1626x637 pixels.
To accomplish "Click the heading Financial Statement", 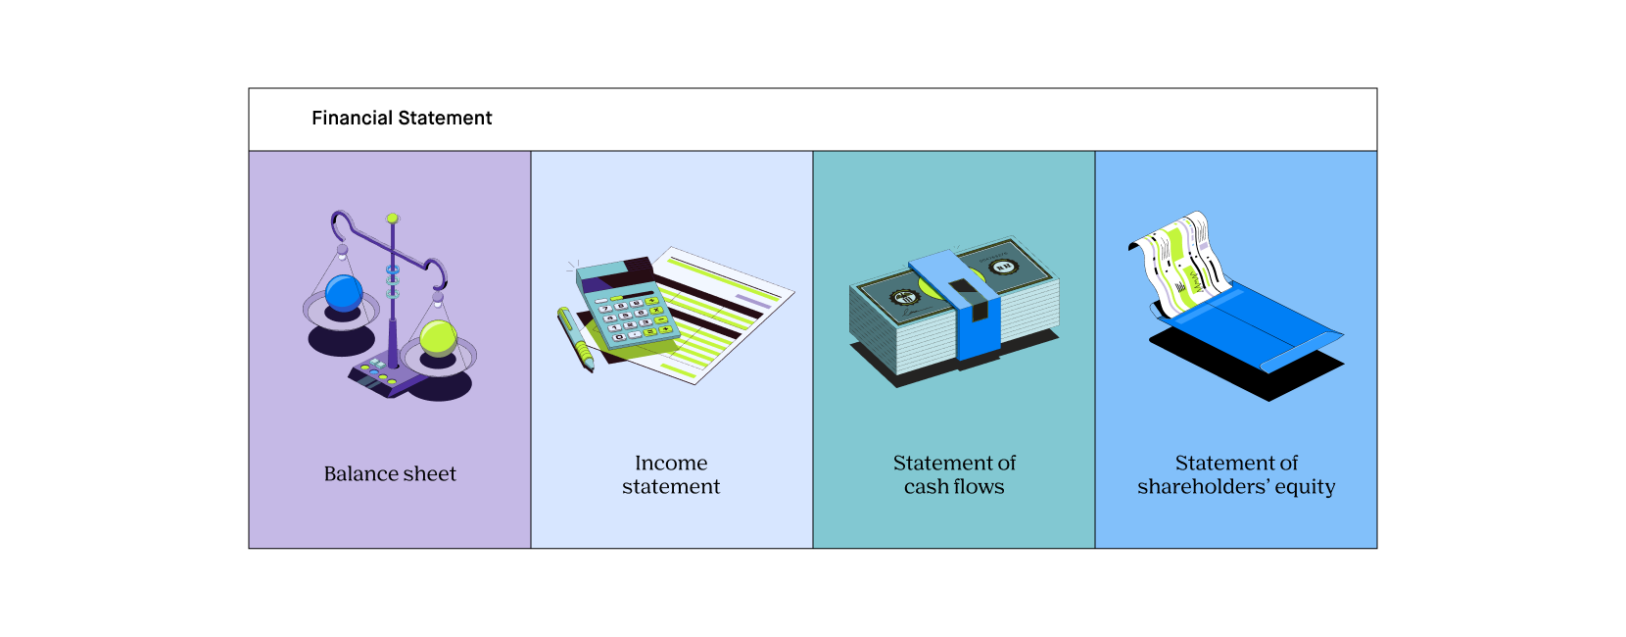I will tap(402, 119).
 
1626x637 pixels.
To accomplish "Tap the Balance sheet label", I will tap(390, 474).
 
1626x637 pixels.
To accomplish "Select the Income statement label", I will tap(671, 474).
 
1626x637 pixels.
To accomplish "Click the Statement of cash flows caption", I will tap(954, 474).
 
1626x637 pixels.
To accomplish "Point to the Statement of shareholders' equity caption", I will tap(1236, 474).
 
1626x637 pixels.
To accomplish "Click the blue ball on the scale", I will tap(344, 293).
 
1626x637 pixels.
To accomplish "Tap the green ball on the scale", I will tap(438, 338).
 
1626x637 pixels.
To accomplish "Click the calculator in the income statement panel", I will tap(627, 306).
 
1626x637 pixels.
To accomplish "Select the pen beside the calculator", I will tap(576, 339).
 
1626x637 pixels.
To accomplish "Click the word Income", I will tap(671, 463).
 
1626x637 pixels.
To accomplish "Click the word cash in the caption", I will tap(926, 487).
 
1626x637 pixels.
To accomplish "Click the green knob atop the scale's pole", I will tap(393, 218).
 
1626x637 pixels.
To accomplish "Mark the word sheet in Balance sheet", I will tap(429, 474).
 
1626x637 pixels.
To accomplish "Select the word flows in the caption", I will tap(979, 487).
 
